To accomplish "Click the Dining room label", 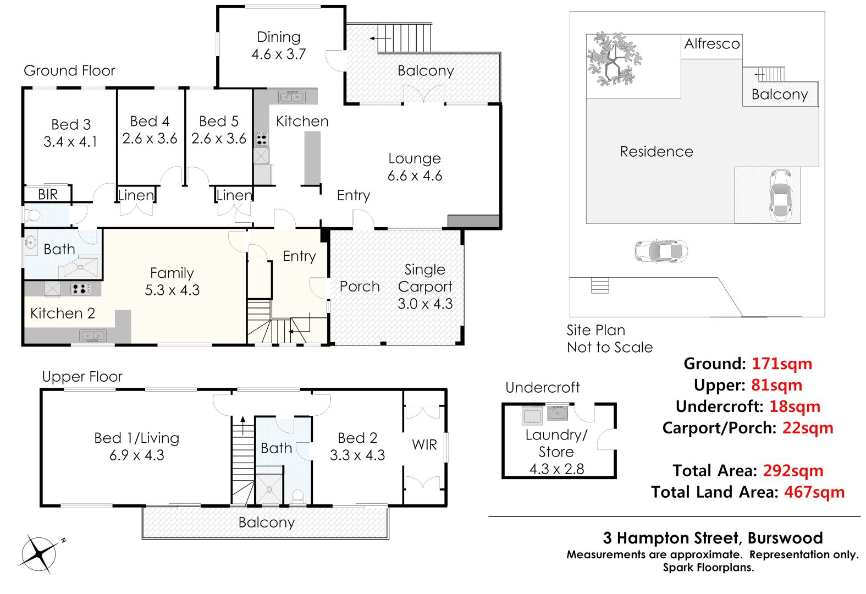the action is pyautogui.click(x=278, y=37).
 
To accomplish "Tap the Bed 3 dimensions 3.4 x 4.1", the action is pyautogui.click(x=70, y=141).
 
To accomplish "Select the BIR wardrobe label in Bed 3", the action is pyautogui.click(x=47, y=194).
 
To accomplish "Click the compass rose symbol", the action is pyautogui.click(x=40, y=554).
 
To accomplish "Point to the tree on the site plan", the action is pyautogui.click(x=614, y=59).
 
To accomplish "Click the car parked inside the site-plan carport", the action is pyautogui.click(x=781, y=195).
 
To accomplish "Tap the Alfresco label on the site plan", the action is pyautogui.click(x=711, y=43).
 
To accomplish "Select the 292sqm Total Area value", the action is pyautogui.click(x=793, y=471).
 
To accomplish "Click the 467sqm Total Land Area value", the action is pyautogui.click(x=814, y=492).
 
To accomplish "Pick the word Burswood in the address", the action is pyautogui.click(x=785, y=538).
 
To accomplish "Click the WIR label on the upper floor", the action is pyautogui.click(x=424, y=445).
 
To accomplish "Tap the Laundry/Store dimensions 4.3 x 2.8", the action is pyautogui.click(x=556, y=469).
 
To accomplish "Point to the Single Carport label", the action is pyautogui.click(x=425, y=278).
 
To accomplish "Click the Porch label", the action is pyautogui.click(x=360, y=286).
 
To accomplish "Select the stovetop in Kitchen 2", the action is pyautogui.click(x=81, y=289).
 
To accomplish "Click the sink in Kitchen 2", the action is pyautogui.click(x=93, y=335).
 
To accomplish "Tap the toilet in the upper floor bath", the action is pyautogui.click(x=297, y=497).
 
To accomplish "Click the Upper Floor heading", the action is pyautogui.click(x=82, y=377).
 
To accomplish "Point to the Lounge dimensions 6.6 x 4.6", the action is pyautogui.click(x=415, y=175).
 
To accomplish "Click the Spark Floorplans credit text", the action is pyautogui.click(x=708, y=567).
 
